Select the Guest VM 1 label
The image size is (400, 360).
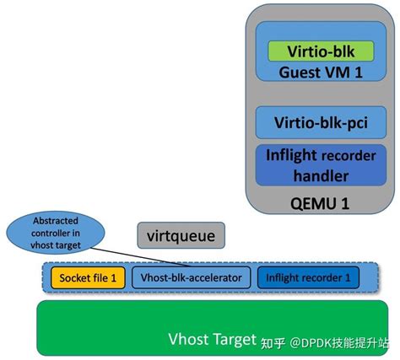[321, 73]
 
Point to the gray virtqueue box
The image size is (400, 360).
[181, 236]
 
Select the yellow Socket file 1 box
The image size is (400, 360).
[88, 277]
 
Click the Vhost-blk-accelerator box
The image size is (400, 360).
[191, 277]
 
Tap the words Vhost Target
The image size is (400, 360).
[210, 339]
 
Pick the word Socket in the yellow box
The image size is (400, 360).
[73, 277]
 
